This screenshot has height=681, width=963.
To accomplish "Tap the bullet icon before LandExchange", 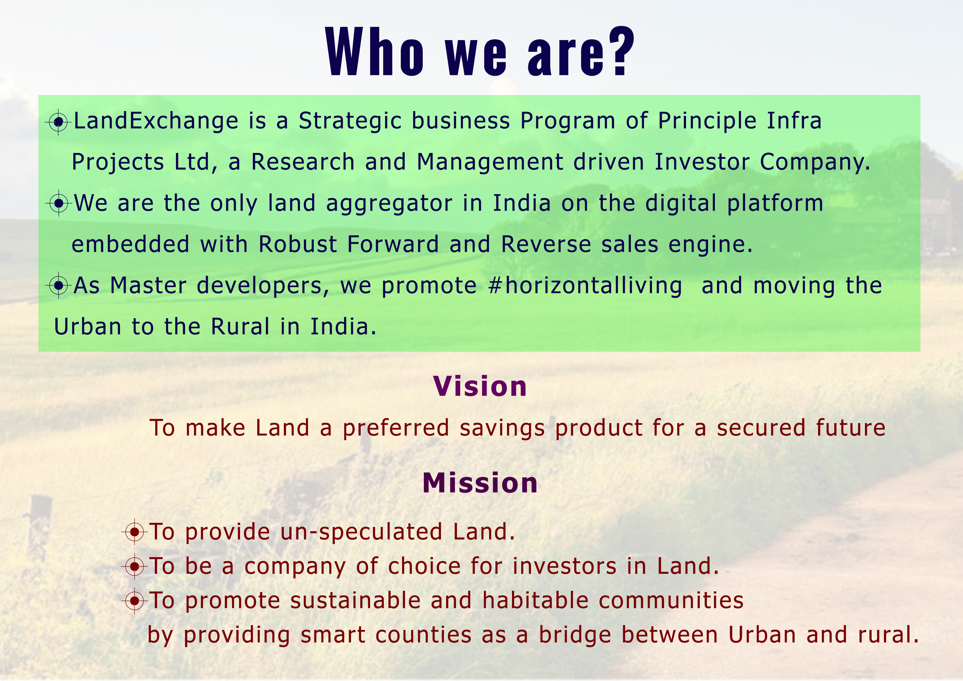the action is coord(58,122).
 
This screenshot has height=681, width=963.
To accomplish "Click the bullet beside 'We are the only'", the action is coord(59,203).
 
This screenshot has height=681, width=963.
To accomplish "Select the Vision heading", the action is coord(480,386).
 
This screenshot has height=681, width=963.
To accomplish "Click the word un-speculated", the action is coord(362,532).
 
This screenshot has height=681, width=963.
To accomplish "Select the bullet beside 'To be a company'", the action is coord(134,566).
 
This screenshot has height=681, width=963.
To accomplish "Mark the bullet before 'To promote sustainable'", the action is coord(134,601).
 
